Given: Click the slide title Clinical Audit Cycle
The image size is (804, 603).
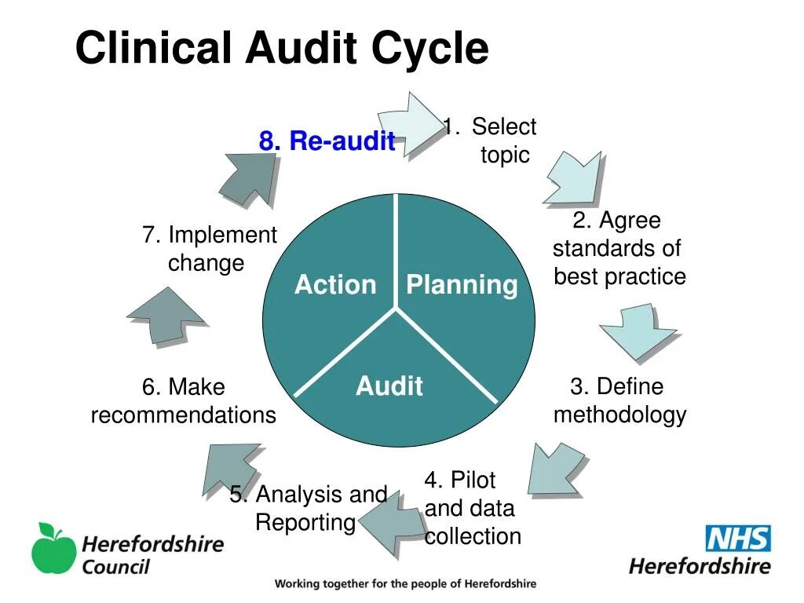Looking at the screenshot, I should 282,49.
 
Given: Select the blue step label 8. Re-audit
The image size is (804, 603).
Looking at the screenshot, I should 327,141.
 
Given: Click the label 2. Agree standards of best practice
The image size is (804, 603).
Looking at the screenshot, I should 619,248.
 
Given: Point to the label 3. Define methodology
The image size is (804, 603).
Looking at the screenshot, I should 619,400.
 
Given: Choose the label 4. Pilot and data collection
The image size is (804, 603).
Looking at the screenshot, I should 472,508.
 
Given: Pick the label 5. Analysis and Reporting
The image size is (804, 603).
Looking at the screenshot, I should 308,508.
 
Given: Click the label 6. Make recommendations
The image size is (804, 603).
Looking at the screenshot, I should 183,400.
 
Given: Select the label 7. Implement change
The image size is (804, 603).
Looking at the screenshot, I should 210,248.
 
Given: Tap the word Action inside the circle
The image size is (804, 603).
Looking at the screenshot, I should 335,284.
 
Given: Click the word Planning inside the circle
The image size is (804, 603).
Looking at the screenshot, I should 462,284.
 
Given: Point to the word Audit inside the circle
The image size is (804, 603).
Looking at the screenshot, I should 389,386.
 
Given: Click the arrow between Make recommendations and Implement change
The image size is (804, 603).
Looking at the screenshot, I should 166,316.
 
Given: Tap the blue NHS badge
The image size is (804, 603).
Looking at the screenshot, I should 738,539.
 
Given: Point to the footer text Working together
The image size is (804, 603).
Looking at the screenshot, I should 405,584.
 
